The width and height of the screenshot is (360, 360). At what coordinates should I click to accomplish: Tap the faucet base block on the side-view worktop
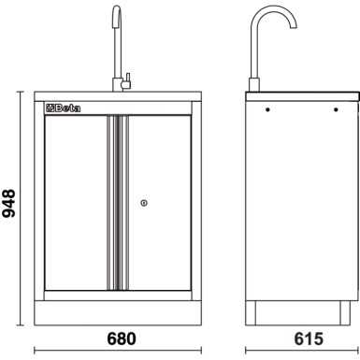(x=253, y=86)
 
